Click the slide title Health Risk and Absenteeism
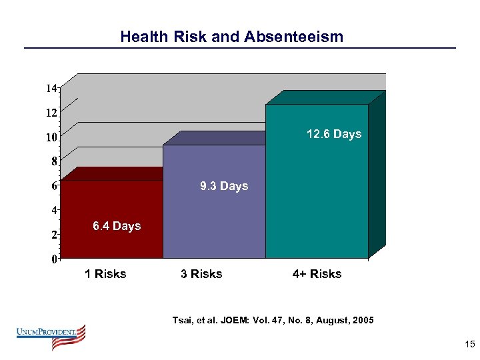[x=231, y=37]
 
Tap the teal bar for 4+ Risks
[x=317, y=187]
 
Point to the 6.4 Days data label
[x=117, y=226]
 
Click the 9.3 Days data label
[x=224, y=186]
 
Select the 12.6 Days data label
[x=334, y=134]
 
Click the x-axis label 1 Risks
[x=105, y=274]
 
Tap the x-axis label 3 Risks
[x=201, y=274]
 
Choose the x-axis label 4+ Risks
[x=317, y=274]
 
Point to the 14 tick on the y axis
[x=51, y=88]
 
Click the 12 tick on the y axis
[x=51, y=113]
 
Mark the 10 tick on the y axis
[x=51, y=137]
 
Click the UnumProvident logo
[x=51, y=337]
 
